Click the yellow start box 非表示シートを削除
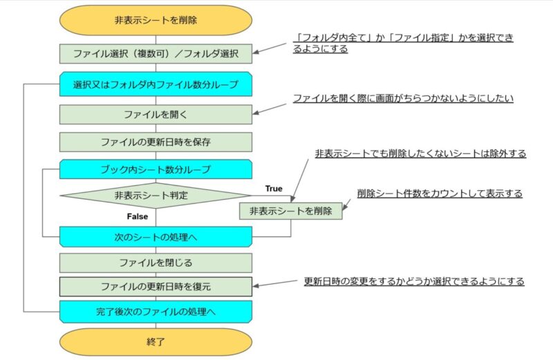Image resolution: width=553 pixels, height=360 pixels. pyautogui.click(x=156, y=20)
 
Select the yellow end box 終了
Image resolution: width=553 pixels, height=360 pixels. pyautogui.click(x=156, y=341)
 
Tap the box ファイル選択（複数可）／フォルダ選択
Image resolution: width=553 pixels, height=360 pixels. pyautogui.click(x=156, y=54)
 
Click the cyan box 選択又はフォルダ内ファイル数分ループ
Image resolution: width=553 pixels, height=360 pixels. pyautogui.click(x=156, y=84)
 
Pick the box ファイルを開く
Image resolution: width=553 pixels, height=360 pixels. pyautogui.click(x=156, y=114)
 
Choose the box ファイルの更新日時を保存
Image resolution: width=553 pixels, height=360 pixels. pyautogui.click(x=156, y=142)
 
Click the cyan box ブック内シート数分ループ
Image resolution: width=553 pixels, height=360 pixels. pyautogui.click(x=156, y=169)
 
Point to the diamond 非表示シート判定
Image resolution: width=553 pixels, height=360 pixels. pyautogui.click(x=156, y=196)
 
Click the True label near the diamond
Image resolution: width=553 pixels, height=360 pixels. pyautogui.click(x=274, y=189)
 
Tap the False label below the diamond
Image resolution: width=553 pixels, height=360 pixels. pyautogui.click(x=137, y=216)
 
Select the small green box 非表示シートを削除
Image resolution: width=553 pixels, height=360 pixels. pyautogui.click(x=290, y=211)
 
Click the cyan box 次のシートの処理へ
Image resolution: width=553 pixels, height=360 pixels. pyautogui.click(x=156, y=236)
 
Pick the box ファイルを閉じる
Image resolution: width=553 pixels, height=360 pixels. pyautogui.click(x=156, y=263)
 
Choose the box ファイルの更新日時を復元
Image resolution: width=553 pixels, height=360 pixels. pyautogui.click(x=156, y=286)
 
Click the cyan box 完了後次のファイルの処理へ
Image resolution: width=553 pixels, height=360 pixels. pyautogui.click(x=156, y=312)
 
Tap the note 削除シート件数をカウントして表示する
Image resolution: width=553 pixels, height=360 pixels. pyautogui.click(x=440, y=193)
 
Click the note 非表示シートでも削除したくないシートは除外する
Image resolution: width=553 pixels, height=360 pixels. pyautogui.click(x=420, y=153)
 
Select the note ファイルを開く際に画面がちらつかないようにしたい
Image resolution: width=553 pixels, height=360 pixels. pyautogui.click(x=403, y=98)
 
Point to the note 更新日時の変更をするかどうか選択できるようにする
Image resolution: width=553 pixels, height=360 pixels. pyautogui.click(x=414, y=281)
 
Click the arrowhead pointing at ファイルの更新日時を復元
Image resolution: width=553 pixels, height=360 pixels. pyautogui.click(x=256, y=285)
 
